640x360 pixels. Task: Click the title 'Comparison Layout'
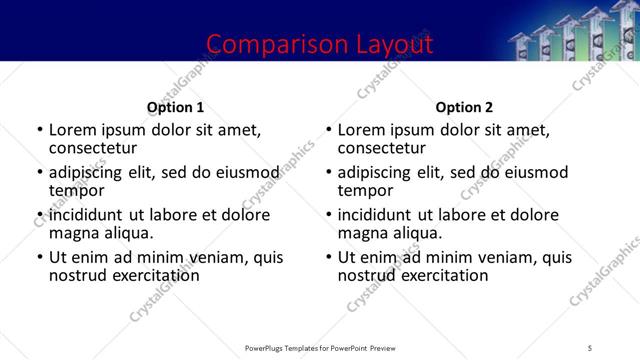coord(320,44)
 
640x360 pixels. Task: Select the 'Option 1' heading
coord(175,107)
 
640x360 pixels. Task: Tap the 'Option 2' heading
coord(464,107)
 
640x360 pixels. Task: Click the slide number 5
coord(591,348)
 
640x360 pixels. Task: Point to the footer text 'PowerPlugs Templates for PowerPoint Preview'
coord(320,348)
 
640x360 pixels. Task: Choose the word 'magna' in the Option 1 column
coord(73,234)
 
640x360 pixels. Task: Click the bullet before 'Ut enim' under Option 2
coord(329,257)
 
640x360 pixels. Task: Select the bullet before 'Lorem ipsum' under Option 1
coord(39,130)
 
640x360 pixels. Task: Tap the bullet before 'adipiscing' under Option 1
coord(39,172)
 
